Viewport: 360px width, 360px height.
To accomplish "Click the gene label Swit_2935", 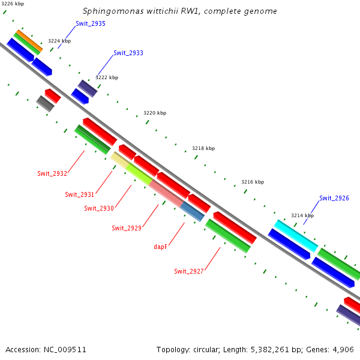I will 91,24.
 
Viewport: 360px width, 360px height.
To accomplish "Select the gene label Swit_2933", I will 128,53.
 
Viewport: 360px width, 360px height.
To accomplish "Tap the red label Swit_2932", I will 52,174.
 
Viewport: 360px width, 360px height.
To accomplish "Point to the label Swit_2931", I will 80,194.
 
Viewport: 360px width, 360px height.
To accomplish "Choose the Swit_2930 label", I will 99,208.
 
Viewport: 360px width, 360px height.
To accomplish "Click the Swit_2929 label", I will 127,228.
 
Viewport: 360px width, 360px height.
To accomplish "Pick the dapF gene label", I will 160,246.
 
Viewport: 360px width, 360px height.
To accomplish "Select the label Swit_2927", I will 189,271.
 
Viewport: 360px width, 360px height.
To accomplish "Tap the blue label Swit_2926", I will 334,198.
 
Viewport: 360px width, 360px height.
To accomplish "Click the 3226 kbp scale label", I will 12,4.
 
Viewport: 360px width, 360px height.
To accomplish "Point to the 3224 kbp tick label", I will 59,41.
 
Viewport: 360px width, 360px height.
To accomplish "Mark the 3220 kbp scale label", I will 155,113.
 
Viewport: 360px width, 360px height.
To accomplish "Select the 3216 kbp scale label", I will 253,182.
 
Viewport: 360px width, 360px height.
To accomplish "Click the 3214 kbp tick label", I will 302,215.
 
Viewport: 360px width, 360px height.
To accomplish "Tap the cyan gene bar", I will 296,236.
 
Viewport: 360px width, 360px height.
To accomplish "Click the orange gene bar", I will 29,41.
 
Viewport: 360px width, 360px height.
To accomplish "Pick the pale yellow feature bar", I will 119,161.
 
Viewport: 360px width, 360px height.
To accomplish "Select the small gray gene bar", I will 45,104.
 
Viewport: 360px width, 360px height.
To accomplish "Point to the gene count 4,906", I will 343,349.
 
